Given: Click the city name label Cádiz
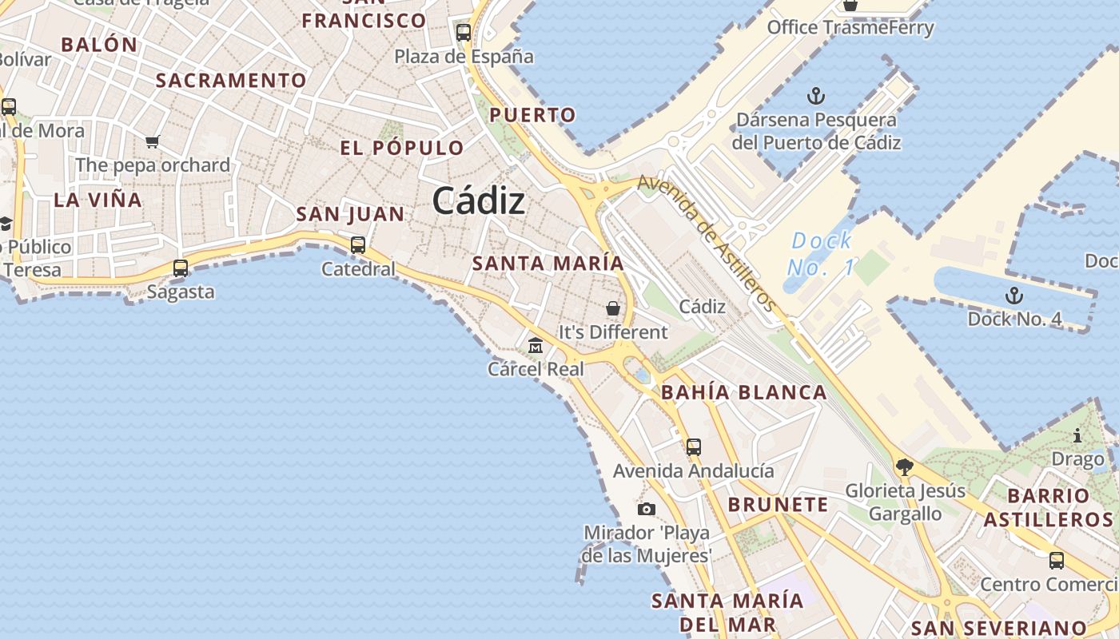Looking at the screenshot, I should pos(479,201).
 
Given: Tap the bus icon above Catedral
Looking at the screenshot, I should pos(358,245).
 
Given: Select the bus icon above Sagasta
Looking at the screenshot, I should pos(181,268).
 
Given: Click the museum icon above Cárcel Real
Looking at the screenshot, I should pos(536,345).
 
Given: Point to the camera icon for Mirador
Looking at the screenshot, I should pos(647,509).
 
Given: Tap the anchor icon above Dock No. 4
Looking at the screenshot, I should pos(1013,296).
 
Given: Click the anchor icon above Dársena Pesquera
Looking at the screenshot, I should pos(815,97).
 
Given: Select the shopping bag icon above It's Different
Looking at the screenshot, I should pos(613,308).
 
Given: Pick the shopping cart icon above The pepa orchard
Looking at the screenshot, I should pos(152,141).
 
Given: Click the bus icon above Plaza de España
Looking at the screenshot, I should pos(464,33).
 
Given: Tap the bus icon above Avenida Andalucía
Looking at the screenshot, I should pos(693,447).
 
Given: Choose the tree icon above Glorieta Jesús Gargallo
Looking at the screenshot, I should pos(905,466).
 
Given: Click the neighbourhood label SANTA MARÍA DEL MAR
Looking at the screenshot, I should pos(727,612).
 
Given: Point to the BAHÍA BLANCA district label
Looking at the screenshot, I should pos(744,392).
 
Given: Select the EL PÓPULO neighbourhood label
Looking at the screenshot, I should pos(401,148).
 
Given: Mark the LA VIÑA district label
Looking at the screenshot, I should pos(98,200).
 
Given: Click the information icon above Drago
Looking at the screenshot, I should pos(1077,436).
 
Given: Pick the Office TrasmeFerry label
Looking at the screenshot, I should pos(850,28).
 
